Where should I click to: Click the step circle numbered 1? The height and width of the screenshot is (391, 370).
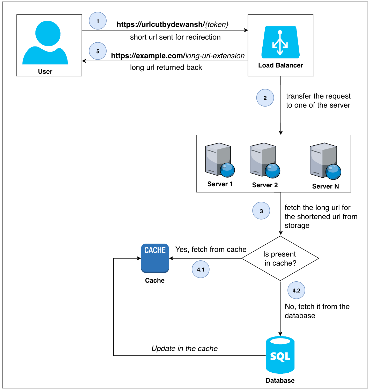click(98, 21)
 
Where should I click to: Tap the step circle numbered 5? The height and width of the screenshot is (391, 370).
click(98, 51)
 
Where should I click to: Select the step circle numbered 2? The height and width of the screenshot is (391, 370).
click(265, 98)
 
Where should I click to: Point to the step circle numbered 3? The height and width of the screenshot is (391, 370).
click(261, 211)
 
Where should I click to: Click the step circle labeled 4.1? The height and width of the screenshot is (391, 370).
click(201, 269)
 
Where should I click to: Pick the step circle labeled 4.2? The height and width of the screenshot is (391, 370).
click(296, 290)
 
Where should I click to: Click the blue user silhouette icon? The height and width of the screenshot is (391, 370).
click(45, 43)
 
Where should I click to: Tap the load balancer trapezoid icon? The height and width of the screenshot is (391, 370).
click(280, 42)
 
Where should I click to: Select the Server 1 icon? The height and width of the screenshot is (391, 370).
click(220, 160)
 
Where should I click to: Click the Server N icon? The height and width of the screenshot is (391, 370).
click(325, 161)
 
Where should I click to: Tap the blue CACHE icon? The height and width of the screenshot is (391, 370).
click(155, 258)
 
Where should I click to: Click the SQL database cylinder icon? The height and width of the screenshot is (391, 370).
click(280, 355)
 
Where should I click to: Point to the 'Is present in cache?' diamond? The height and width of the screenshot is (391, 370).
click(280, 258)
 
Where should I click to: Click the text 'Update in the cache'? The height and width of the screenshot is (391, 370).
click(184, 348)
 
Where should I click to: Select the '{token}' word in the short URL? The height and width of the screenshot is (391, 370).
click(217, 25)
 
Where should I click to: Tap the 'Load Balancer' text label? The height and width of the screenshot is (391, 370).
click(280, 65)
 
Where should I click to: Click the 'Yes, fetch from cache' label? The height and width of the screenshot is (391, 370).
click(211, 249)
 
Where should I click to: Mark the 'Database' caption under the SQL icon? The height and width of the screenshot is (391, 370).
click(280, 380)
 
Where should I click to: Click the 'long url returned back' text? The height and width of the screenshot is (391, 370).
click(166, 67)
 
